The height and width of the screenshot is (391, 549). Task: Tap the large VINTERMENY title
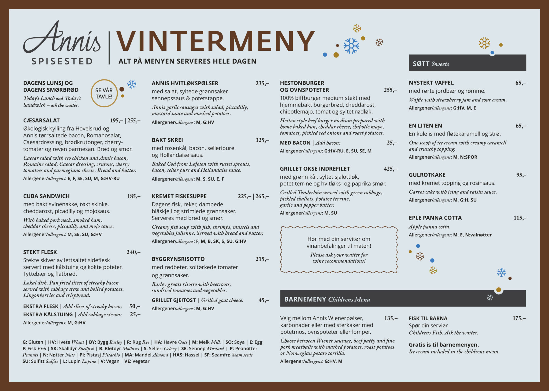pos(215,41)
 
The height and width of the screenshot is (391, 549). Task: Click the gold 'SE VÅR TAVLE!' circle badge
pos(104,93)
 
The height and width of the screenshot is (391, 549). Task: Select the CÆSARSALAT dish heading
pos(42,120)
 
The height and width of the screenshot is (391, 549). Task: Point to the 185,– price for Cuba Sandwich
pos(134,196)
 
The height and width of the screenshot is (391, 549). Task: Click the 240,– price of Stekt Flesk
pos(133,252)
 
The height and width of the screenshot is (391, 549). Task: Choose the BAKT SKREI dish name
pos(167,140)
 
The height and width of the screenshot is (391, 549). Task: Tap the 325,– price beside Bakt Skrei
pos(262,140)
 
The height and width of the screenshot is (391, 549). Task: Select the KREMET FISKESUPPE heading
pos(179,196)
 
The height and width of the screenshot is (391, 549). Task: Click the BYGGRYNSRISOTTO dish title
pos(178,259)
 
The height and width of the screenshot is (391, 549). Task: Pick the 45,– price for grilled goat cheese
pos(264,300)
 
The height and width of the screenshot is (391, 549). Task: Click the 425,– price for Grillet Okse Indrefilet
pos(390,169)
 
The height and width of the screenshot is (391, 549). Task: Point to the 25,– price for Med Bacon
pos(392,143)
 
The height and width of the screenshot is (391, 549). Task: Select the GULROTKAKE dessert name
pos(427,175)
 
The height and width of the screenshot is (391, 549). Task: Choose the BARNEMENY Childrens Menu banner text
pos(327,299)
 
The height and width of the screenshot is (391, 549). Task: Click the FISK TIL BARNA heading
pos(428,319)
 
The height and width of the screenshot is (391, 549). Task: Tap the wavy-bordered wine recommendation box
pos(339,250)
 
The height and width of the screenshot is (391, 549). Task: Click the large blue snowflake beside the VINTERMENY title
pos(351,46)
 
